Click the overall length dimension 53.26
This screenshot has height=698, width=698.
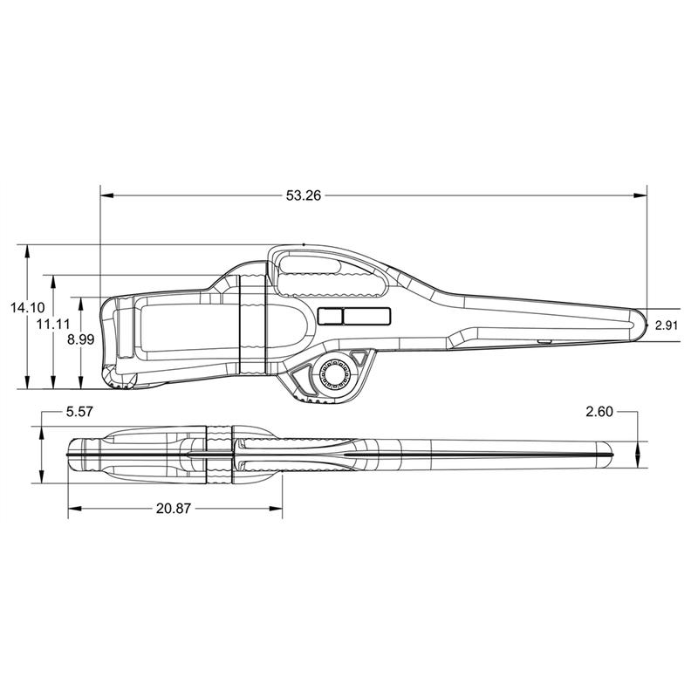[x=303, y=196]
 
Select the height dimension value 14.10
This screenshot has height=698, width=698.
[x=26, y=307]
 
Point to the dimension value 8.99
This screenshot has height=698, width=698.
[x=80, y=339]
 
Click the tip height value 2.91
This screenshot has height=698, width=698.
[x=667, y=325]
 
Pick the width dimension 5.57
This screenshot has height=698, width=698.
[x=79, y=410]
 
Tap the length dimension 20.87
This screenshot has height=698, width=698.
[x=174, y=508]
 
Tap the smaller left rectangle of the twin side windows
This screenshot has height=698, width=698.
[x=330, y=316]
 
